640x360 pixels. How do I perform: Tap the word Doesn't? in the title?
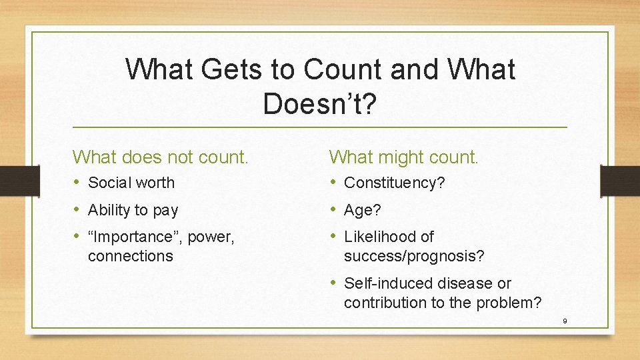pos(320,103)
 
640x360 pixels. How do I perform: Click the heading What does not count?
pos(161,157)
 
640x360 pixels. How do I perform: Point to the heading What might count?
pos(403,157)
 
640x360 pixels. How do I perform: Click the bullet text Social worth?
pos(131,183)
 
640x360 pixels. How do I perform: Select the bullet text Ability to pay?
pos(133,210)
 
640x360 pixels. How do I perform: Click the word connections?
pos(131,256)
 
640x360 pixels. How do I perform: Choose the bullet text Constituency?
pos(394,183)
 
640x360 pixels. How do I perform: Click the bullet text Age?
pos(363,210)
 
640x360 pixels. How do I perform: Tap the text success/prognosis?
pos(414,256)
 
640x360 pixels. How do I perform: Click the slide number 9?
pos(564,321)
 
